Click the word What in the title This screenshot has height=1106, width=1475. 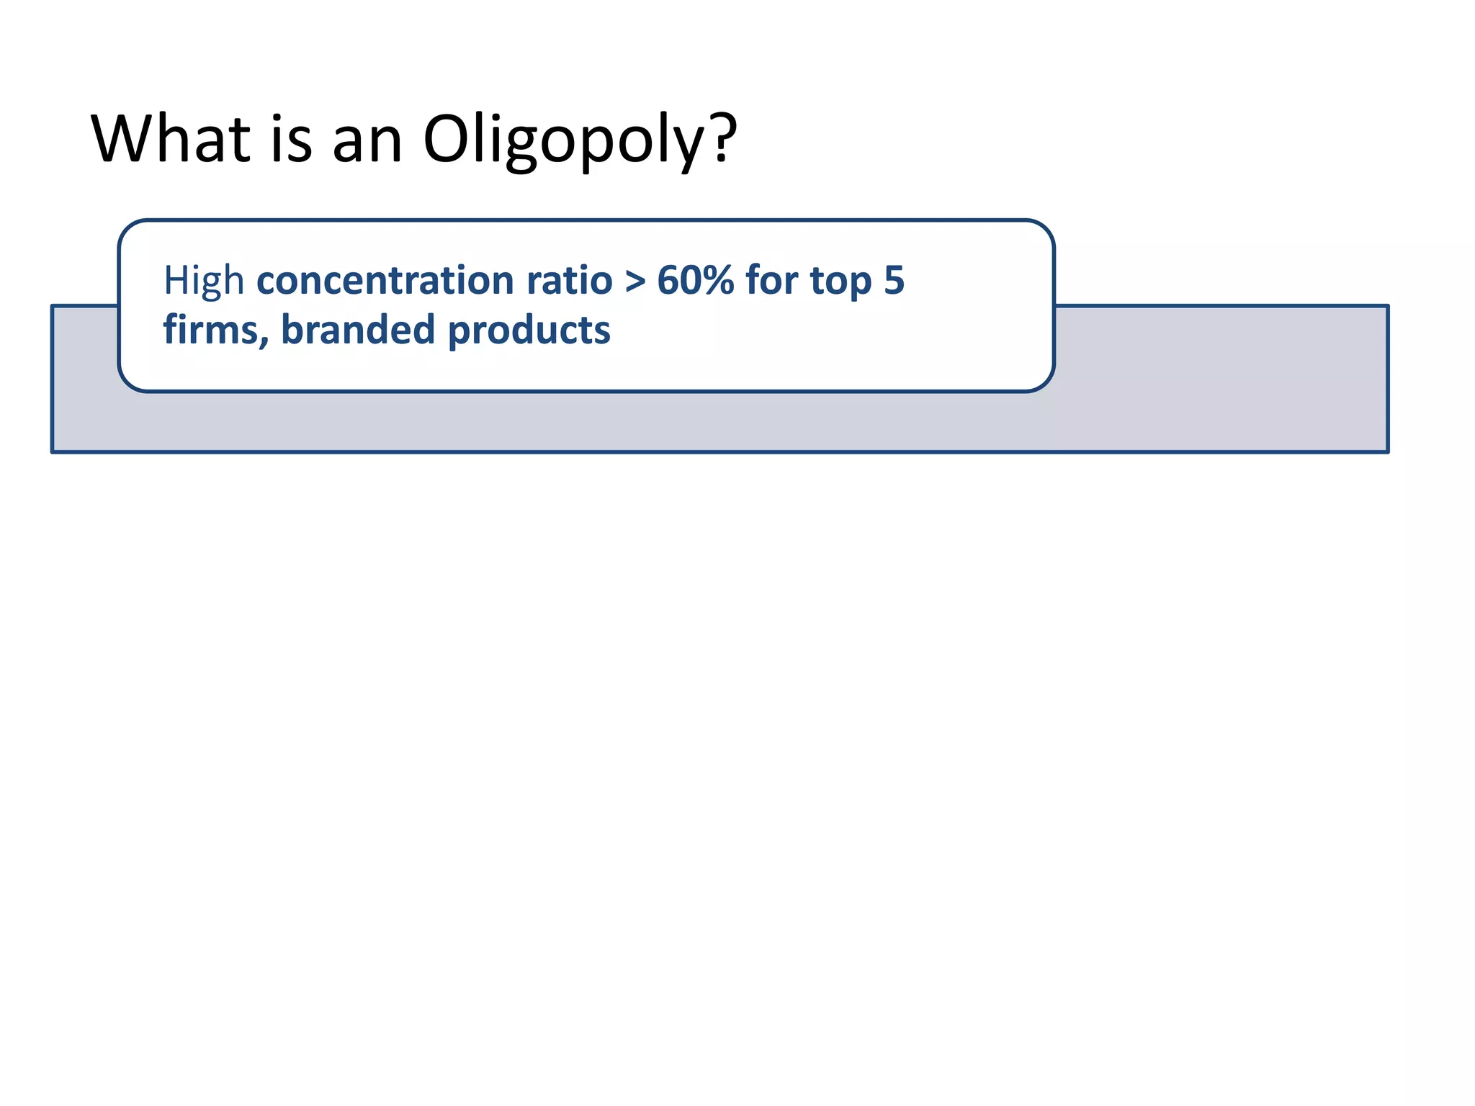point(170,138)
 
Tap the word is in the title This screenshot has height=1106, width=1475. point(291,138)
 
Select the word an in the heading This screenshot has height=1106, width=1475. point(367,138)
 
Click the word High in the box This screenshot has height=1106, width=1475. point(204,280)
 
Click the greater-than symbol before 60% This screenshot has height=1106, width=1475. point(635,282)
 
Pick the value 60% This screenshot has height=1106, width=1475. point(695,280)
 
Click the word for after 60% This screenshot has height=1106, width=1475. point(771,280)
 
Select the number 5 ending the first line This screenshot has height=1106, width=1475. point(894,280)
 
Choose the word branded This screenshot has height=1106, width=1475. point(358,331)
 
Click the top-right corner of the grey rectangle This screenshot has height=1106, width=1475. point(1387,307)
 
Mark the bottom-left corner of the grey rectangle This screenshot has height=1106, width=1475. point(53,451)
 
